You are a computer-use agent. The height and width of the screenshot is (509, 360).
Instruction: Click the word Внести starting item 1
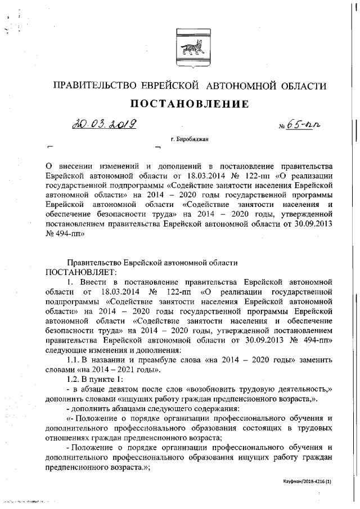click(91, 281)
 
